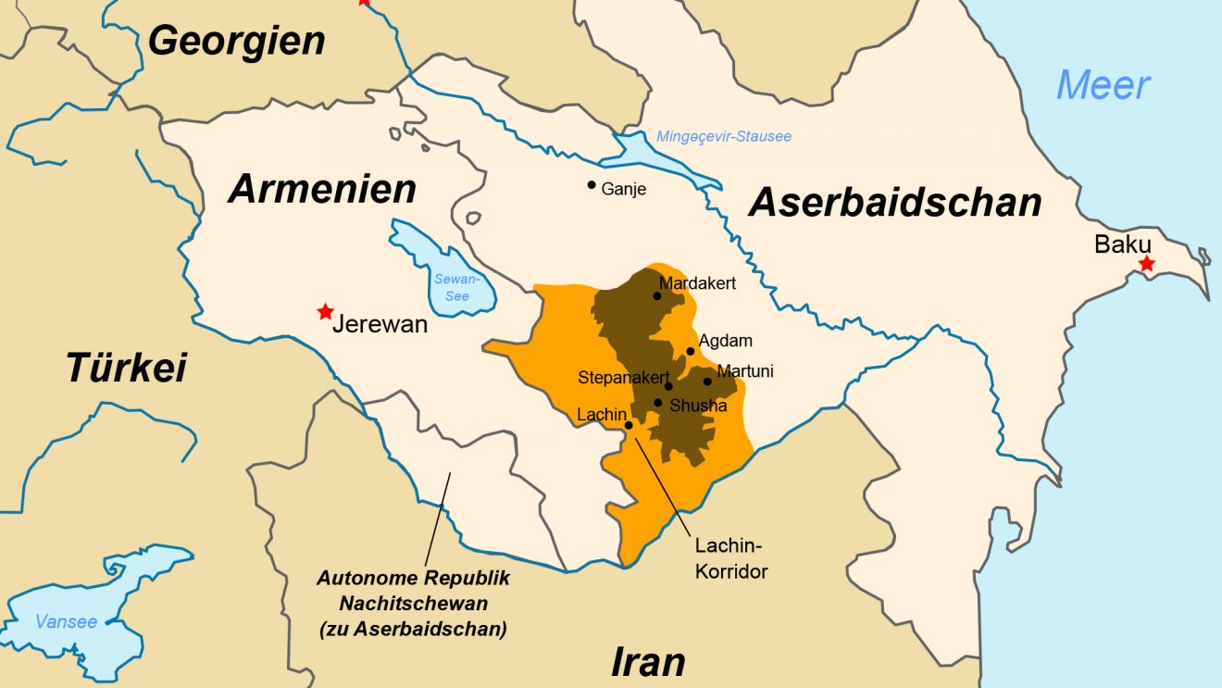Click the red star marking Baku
pos(1147,264)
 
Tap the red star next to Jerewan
pos(325,311)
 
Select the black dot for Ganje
pos(592,185)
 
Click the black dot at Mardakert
pos(657,296)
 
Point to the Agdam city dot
pos(690,351)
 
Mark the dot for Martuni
pos(707,381)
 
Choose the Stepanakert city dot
pos(668,386)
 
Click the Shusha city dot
pos(657,403)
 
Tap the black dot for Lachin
pos(629,425)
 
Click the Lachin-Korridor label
pos(731,558)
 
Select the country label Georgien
pos(237,41)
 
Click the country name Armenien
pos(322,189)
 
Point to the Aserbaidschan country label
pos(895,202)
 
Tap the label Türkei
pos(126,368)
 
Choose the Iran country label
pos(648,662)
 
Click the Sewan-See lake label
pos(456,287)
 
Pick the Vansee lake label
pos(66,621)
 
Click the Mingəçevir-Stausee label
pos(724,137)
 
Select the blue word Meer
pos(1104,85)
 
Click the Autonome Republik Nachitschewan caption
pos(413,603)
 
